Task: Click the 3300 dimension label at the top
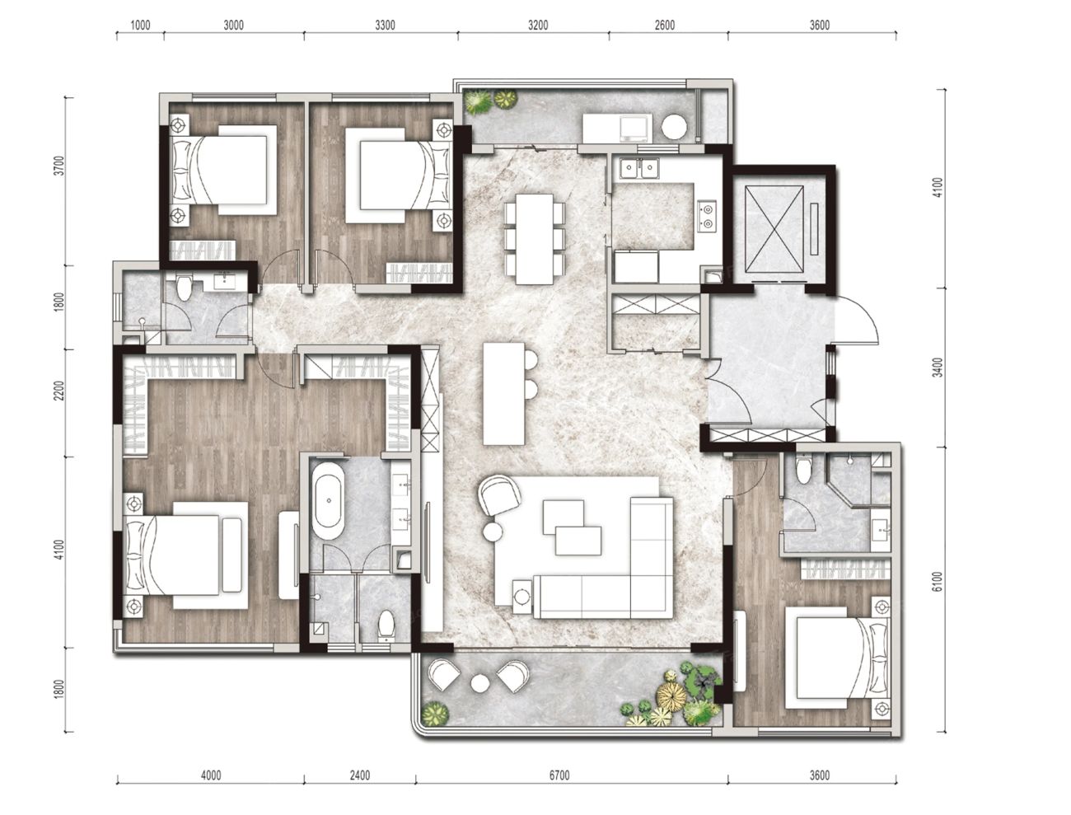385,26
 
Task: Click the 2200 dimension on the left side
59,391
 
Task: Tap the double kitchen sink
639,168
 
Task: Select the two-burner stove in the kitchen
707,215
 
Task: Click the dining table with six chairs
535,239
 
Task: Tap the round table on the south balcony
480,683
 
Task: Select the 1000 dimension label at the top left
141,26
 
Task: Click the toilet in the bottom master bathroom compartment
386,625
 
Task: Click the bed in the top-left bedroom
223,170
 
